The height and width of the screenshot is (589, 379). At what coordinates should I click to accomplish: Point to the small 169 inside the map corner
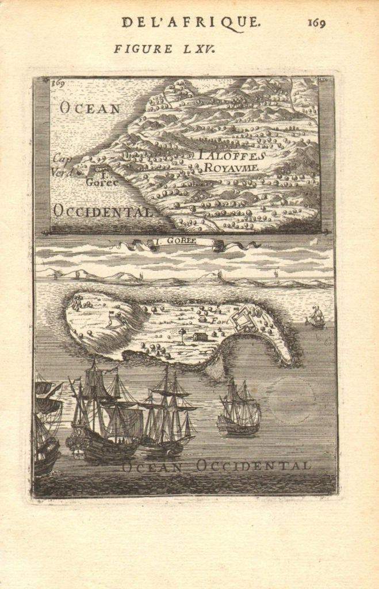58,83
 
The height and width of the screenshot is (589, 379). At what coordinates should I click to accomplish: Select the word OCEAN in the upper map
90,108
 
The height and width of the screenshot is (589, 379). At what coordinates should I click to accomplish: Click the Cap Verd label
62,165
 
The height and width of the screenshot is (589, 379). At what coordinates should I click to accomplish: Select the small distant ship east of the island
315,317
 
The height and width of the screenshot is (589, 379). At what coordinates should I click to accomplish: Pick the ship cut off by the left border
46,426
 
